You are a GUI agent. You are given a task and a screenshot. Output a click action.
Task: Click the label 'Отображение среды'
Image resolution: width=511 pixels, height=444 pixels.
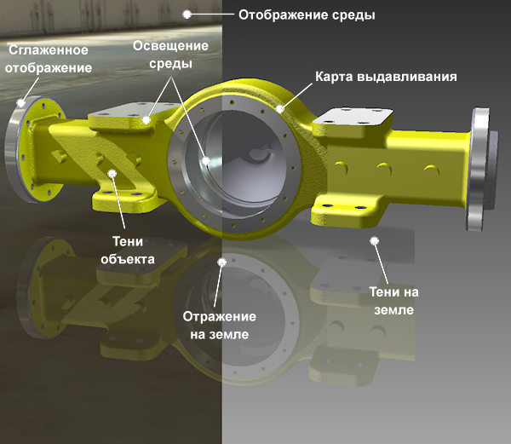pyautogui.click(x=307, y=15)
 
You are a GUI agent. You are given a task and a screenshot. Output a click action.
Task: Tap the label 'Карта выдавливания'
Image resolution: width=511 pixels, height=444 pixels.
pyautogui.click(x=386, y=77)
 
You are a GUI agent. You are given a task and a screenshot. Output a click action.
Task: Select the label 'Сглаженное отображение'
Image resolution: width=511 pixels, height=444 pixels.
pyautogui.click(x=49, y=59)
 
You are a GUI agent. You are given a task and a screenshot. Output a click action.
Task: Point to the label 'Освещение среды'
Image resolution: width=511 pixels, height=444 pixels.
pyautogui.click(x=170, y=55)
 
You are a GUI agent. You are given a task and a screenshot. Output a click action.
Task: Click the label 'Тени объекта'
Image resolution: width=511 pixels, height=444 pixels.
pyautogui.click(x=128, y=251)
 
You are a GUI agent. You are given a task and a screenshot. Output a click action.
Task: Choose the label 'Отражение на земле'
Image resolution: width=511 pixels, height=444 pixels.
pyautogui.click(x=220, y=326)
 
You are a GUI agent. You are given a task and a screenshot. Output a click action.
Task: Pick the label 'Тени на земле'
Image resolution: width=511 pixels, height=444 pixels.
pyautogui.click(x=394, y=301)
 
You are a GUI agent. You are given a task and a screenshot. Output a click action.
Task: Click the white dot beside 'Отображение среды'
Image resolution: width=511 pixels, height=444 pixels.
pyautogui.click(x=187, y=14)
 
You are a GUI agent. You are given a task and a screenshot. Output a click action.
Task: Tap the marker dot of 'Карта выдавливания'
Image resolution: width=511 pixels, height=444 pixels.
pyautogui.click(x=280, y=109)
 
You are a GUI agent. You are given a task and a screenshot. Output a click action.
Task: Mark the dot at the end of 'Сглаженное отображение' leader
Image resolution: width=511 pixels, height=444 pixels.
pyautogui.click(x=21, y=103)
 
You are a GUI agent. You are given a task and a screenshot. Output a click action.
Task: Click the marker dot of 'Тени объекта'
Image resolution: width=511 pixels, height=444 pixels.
pyautogui.click(x=112, y=173)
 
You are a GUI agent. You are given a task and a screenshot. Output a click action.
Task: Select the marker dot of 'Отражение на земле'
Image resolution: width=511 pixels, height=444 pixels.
pyautogui.click(x=222, y=262)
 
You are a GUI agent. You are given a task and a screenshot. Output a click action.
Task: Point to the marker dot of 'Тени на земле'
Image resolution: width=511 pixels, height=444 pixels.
pyautogui.click(x=375, y=241)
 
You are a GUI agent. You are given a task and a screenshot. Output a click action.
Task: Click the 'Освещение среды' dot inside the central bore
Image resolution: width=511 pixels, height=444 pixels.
pyautogui.click(x=206, y=161)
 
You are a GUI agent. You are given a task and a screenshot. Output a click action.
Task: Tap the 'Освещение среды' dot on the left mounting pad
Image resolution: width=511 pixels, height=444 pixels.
pyautogui.click(x=146, y=120)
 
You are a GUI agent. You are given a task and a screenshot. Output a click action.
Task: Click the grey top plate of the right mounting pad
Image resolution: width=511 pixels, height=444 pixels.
pyautogui.click(x=354, y=117)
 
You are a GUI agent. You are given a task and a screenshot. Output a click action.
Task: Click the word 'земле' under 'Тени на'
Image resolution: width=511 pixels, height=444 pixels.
pyautogui.click(x=394, y=309)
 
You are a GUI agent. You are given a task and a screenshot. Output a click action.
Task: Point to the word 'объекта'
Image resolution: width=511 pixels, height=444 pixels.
pyautogui.click(x=128, y=259)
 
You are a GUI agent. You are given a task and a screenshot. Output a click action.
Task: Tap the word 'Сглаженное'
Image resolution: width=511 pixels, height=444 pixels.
pyautogui.click(x=49, y=50)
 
